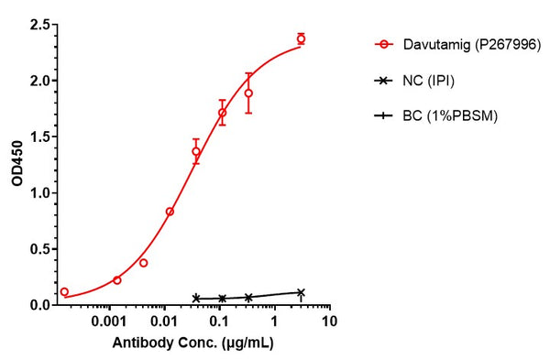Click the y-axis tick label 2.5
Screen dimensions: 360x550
tap(39, 25)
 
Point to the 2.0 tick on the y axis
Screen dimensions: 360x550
tap(39, 81)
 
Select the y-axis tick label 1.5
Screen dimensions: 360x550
tap(39, 136)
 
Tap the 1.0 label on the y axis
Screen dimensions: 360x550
tap(39, 192)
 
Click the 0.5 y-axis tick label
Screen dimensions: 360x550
tap(39, 248)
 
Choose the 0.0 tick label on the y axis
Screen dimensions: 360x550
tap(39, 304)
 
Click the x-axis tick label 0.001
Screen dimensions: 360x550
tap(109, 322)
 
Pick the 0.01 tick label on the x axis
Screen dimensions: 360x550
tap(165, 322)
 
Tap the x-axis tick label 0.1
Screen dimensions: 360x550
tap(219, 322)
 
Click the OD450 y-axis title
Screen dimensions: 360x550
tap(16, 165)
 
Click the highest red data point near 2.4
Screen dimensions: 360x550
tap(301, 38)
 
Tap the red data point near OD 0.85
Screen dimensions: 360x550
tap(170, 211)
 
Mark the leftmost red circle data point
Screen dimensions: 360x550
tap(64, 291)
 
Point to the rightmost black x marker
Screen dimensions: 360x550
tap(301, 292)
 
